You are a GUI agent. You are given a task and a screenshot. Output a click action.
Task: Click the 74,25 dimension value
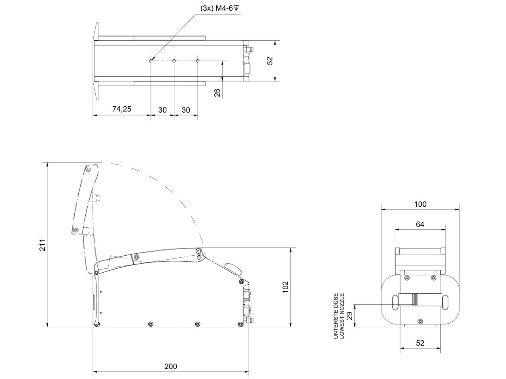[121, 109]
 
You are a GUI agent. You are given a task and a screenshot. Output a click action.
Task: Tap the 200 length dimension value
[171, 366]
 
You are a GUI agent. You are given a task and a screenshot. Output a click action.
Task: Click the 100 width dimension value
[420, 204]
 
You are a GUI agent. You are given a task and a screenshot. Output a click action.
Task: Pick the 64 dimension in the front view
[420, 224]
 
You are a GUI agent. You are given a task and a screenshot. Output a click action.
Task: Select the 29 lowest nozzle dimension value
[349, 315]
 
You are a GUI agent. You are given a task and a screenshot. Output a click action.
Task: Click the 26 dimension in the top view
[217, 93]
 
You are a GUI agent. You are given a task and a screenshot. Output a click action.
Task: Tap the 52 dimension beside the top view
[270, 61]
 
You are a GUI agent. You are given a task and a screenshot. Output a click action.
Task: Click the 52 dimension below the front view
[420, 343]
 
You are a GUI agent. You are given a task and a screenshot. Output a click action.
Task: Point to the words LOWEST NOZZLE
[342, 316]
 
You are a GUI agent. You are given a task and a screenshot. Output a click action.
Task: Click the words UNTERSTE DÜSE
[336, 316]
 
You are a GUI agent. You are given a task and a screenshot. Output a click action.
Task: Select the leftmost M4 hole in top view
[151, 61]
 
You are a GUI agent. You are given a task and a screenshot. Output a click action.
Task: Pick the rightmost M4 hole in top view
[198, 61]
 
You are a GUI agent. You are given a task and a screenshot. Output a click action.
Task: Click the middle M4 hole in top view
[174, 61]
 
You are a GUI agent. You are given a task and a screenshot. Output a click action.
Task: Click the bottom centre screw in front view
[420, 321]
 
